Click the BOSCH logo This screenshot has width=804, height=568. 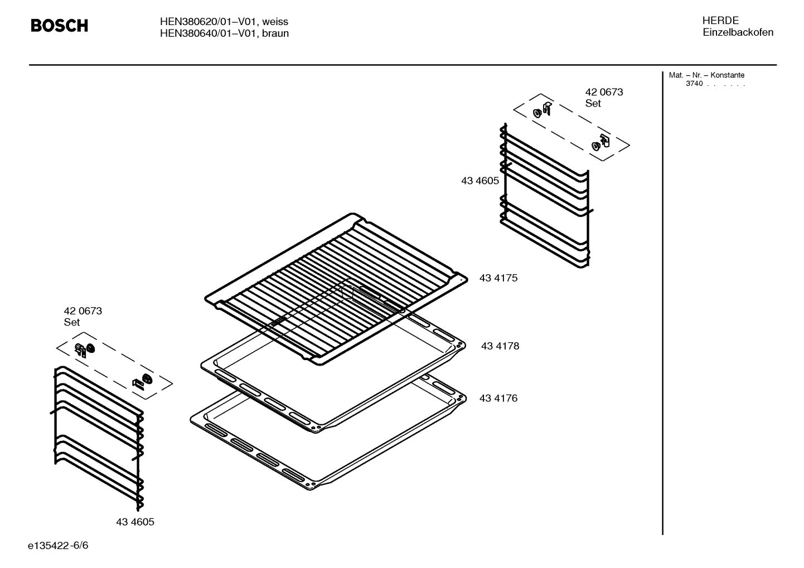pyautogui.click(x=59, y=26)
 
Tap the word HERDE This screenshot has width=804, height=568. pyautogui.click(x=720, y=21)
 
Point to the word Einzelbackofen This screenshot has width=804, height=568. pyautogui.click(x=738, y=32)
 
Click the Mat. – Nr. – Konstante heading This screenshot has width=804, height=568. pyautogui.click(x=706, y=75)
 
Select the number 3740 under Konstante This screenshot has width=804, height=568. pyautogui.click(x=694, y=84)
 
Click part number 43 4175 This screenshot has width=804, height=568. pyautogui.click(x=498, y=278)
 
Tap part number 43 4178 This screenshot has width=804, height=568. pyautogui.click(x=500, y=346)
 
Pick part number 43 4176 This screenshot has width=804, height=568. pyautogui.click(x=498, y=399)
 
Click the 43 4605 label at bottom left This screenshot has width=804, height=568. pyautogui.click(x=135, y=522)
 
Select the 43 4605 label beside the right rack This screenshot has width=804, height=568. pyautogui.click(x=480, y=181)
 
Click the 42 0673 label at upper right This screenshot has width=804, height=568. pyautogui.click(x=604, y=92)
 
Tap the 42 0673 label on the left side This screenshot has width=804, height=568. pyautogui.click(x=83, y=311)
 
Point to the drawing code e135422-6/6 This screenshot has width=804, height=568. pyautogui.click(x=58, y=545)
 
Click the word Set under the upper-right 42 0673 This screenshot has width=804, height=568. pyautogui.click(x=593, y=104)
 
